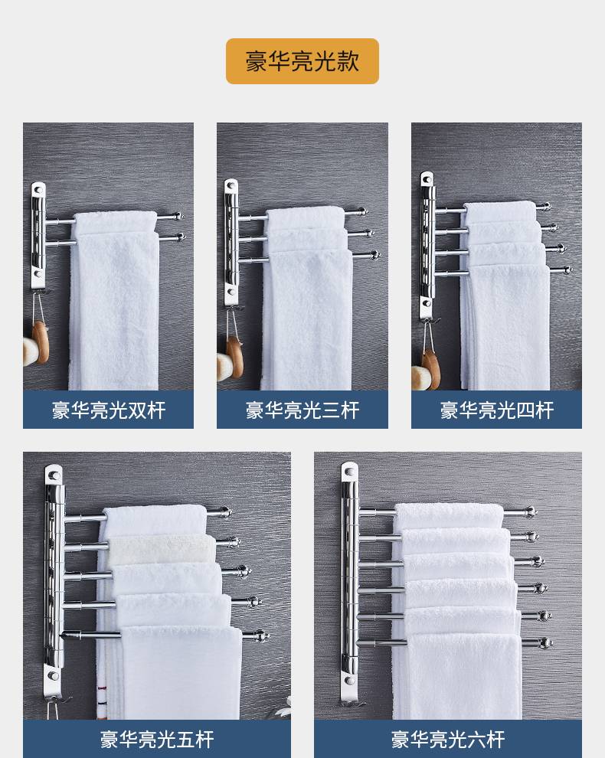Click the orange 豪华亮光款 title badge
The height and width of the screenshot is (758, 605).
pos(302,61)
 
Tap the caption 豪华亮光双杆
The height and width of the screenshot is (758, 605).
pos(109,410)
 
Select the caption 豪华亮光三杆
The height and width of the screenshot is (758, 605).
pos(302,410)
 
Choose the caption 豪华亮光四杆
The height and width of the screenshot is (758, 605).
pos(497,410)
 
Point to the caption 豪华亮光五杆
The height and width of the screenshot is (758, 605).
pos(157,740)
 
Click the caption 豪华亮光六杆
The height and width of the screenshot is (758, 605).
pos(448,740)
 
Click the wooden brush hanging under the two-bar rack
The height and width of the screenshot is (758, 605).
pos(41,342)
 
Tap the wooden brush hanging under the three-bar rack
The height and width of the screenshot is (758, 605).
pos(235,358)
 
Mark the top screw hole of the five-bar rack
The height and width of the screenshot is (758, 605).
pos(54,476)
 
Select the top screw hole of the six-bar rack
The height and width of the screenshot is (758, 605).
pos(349,472)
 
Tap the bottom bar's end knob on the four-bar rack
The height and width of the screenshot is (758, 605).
pos(567,270)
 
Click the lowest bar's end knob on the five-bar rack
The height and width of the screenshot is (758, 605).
pos(263,636)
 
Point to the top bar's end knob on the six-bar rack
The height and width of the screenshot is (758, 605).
pos(531,511)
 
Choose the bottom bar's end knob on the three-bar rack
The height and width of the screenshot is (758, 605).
pos(374,254)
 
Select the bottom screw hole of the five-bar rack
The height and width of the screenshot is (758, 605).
pos(53,675)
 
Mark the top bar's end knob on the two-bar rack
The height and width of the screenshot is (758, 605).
pos(179,216)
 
